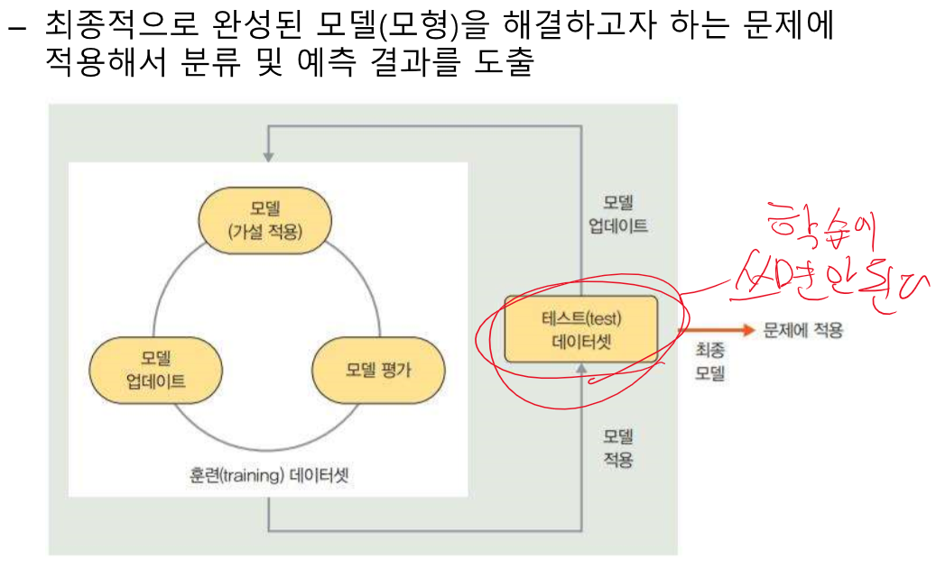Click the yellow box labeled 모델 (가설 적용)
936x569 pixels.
click(264, 220)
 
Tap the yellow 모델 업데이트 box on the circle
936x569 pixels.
click(156, 370)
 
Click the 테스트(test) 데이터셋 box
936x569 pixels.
click(581, 329)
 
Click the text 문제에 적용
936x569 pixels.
click(802, 330)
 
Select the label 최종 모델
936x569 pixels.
click(709, 360)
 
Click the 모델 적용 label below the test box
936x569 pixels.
click(618, 448)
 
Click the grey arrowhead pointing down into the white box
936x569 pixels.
click(269, 155)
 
